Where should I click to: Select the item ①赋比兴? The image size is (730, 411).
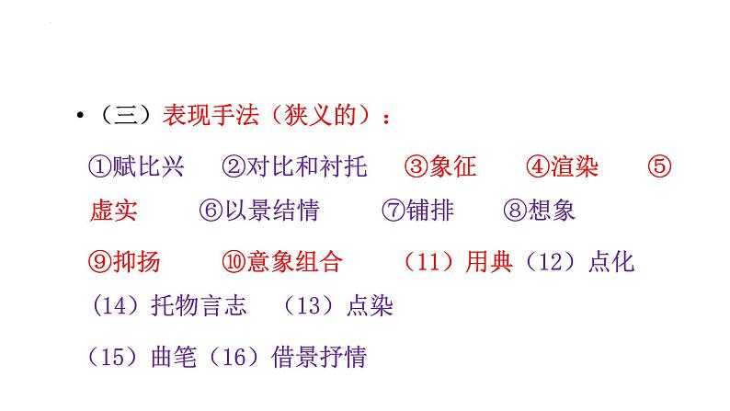click(137, 166)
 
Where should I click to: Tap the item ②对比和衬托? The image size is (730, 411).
click(294, 166)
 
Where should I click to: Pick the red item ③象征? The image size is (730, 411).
click(440, 166)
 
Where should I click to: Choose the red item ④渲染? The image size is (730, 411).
click(563, 166)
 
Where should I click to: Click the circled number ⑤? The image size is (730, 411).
click(660, 166)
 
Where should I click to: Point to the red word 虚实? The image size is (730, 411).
click(113, 211)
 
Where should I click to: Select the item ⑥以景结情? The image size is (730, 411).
click(259, 211)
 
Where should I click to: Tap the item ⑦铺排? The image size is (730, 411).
click(417, 211)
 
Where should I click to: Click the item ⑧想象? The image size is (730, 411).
click(539, 211)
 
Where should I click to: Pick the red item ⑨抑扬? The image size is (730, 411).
click(124, 261)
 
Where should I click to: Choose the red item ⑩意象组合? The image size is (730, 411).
click(282, 261)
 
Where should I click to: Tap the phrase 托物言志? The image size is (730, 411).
click(199, 305)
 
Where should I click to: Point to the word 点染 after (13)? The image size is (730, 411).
click(370, 305)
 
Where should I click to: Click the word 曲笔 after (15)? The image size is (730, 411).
click(175, 356)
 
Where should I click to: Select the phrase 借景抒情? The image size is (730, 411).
click(320, 356)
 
